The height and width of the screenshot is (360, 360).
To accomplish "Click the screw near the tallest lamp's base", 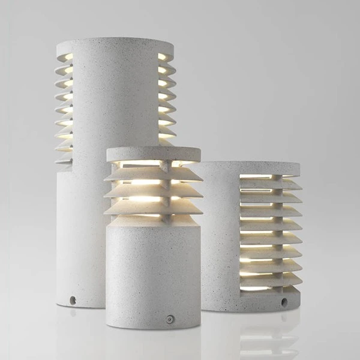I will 73,299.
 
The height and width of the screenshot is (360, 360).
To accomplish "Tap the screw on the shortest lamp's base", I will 170,319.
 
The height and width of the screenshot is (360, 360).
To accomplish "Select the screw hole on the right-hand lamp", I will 284,302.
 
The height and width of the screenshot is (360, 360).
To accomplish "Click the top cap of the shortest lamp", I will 154,154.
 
